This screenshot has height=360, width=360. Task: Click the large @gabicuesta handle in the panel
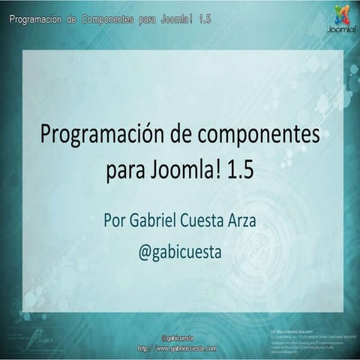tap(180, 253)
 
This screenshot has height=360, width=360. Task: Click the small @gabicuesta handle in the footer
tap(178, 340)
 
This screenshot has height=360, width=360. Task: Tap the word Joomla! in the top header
tap(175, 18)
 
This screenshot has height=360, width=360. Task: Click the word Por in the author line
tap(118, 222)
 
